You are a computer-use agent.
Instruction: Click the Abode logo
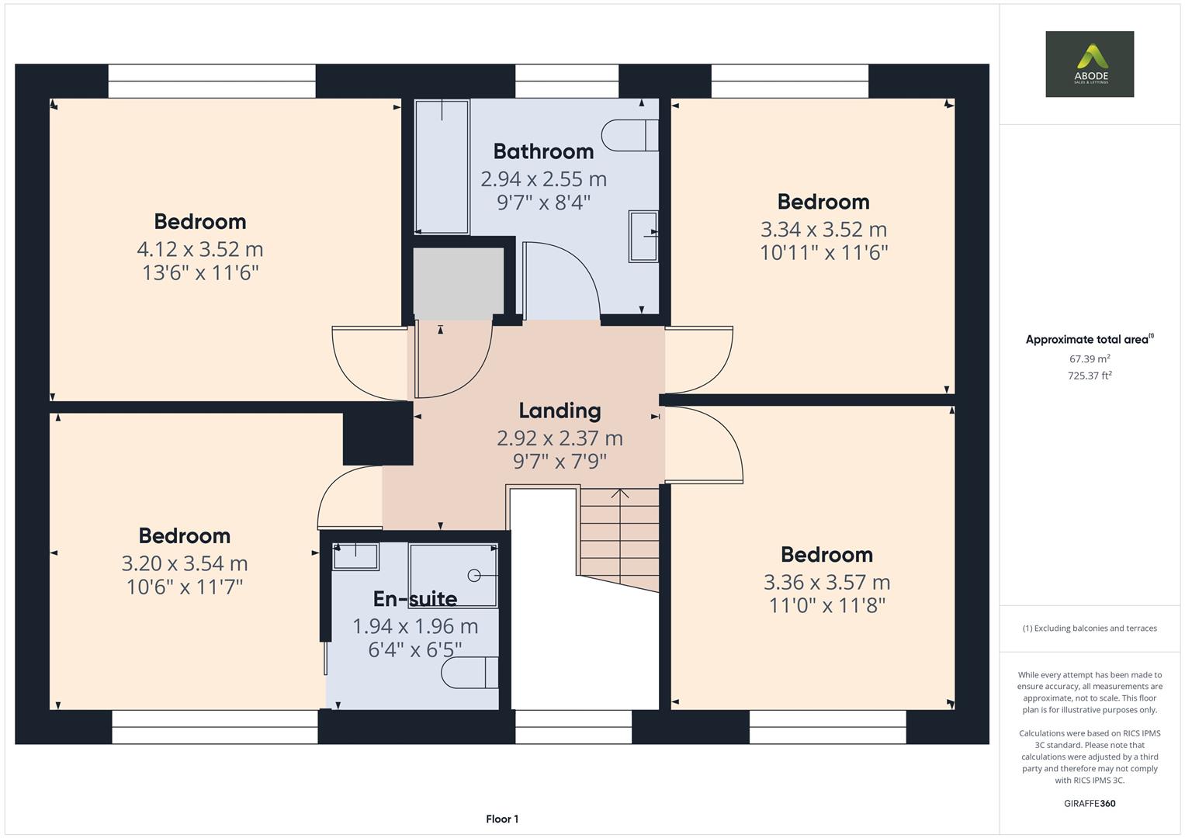pyautogui.click(x=1089, y=64)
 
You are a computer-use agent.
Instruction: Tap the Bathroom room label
pyautogui.click(x=543, y=151)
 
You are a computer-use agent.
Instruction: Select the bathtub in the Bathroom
pyautogui.click(x=442, y=166)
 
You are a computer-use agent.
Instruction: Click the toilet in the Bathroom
pyautogui.click(x=629, y=135)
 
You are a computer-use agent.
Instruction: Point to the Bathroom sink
pyautogui.click(x=643, y=236)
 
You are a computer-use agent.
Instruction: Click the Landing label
pyautogui.click(x=560, y=410)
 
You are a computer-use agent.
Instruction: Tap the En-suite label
pyautogui.click(x=414, y=599)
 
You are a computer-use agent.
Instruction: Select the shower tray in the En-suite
pyautogui.click(x=453, y=575)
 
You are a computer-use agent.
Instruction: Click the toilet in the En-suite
pyautogui.click(x=469, y=672)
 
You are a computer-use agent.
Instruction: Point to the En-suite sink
pyautogui.click(x=355, y=556)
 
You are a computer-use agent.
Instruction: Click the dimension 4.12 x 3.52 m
pyautogui.click(x=200, y=250)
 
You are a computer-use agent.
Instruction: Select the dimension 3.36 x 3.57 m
pyautogui.click(x=826, y=583)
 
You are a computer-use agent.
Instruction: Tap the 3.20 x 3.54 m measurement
pyautogui.click(x=185, y=564)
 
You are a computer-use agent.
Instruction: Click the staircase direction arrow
pyautogui.click(x=619, y=494)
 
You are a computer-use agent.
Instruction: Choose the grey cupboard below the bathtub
pyautogui.click(x=458, y=280)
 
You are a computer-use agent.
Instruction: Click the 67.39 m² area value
pyautogui.click(x=1090, y=359)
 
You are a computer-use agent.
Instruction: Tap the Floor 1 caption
pyautogui.click(x=502, y=819)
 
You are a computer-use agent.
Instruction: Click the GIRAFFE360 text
pyautogui.click(x=1089, y=803)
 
